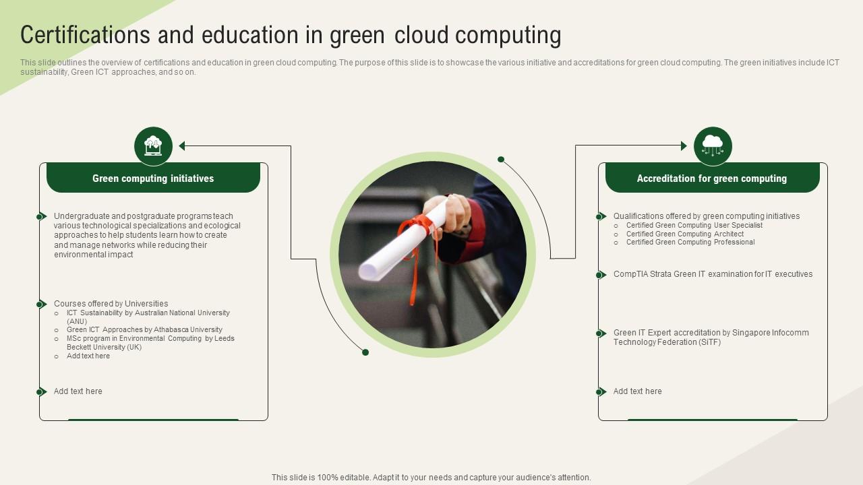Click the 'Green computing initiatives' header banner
pos(153,179)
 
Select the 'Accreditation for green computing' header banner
pos(712,179)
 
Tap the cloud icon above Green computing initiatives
pos(154,145)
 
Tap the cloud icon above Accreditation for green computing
pos(713,145)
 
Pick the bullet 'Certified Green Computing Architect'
pos(685,234)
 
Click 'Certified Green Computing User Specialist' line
pos(694,225)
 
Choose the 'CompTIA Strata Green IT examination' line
pos(713,274)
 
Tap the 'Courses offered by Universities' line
pos(111,304)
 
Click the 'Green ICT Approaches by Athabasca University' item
pos(144,330)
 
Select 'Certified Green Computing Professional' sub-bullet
pos(690,243)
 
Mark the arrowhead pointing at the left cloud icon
pos(183,145)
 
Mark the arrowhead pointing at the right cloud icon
pos(683,145)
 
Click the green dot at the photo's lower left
pos(365,352)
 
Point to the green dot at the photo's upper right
pos(501,160)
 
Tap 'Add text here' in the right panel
pos(637,391)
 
